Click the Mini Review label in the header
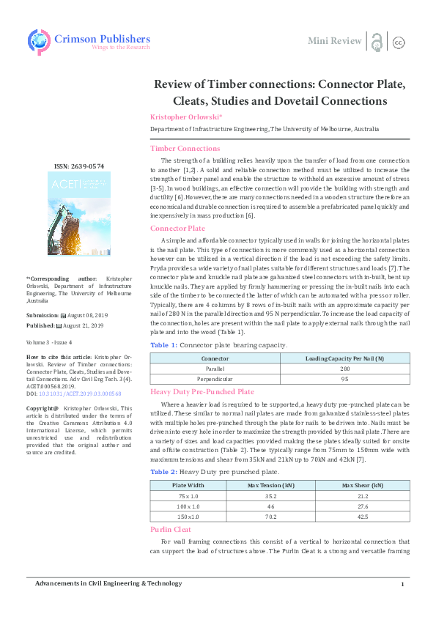click(334, 40)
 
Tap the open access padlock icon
click(377, 41)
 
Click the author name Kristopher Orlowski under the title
click(180, 117)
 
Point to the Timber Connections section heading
click(185, 148)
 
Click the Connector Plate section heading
click(177, 229)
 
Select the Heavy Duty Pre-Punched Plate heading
click(202, 392)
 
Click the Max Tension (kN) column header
click(271, 465)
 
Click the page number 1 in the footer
click(402, 584)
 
